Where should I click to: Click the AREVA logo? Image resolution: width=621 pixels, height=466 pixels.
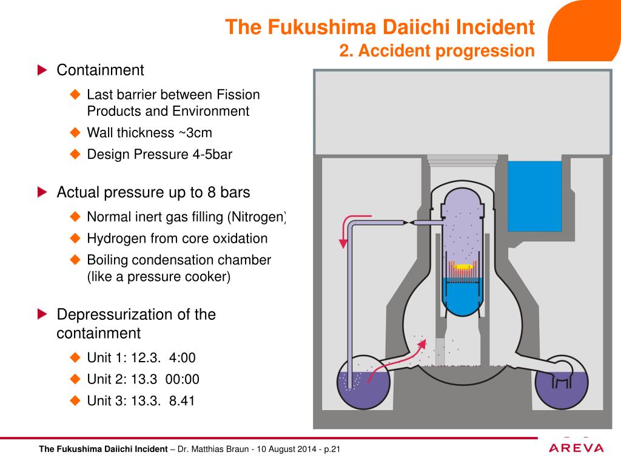click(576, 448)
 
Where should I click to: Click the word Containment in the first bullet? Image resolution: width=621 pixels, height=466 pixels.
click(100, 70)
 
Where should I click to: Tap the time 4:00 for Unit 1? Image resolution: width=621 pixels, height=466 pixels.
click(183, 358)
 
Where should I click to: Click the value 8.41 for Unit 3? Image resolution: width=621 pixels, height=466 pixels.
click(181, 400)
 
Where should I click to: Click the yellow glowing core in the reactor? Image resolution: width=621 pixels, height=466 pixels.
click(464, 266)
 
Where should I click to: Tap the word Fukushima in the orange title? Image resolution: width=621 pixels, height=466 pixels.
click(324, 27)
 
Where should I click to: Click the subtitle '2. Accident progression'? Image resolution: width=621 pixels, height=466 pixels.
click(437, 51)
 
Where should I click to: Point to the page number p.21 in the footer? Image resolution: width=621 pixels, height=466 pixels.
click(333, 450)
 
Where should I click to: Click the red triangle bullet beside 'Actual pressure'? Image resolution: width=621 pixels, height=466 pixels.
click(42, 192)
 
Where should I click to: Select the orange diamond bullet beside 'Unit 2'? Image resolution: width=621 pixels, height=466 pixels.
click(75, 379)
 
